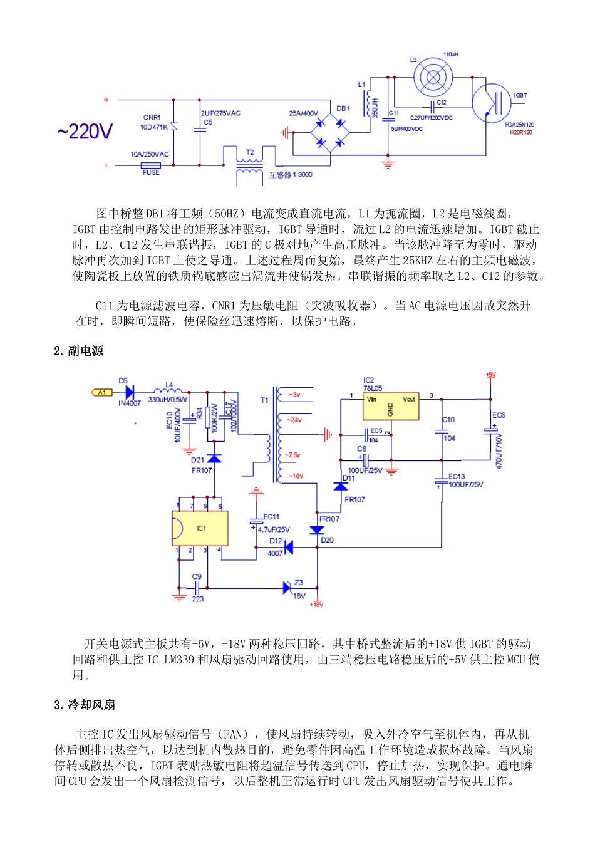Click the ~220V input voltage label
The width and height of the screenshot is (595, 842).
click(85, 132)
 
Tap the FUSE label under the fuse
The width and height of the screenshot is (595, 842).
click(151, 173)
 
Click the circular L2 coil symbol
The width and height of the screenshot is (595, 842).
click(432, 77)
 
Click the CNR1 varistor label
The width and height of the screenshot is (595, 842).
click(152, 117)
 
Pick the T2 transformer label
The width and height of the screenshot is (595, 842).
click(250, 152)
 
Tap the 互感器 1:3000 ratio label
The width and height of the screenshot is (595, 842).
click(290, 175)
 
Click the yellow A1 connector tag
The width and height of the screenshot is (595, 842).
click(102, 393)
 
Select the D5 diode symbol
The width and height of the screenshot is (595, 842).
click(130, 393)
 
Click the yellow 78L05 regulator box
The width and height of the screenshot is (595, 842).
click(391, 407)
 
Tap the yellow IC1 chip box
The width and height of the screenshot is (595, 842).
click(200, 528)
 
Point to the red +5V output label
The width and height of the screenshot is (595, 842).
click(490, 375)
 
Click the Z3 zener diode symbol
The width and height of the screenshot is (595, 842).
click(287, 588)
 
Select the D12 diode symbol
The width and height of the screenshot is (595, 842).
click(288, 548)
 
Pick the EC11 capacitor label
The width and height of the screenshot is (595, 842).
click(271, 517)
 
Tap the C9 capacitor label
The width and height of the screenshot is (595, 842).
click(197, 576)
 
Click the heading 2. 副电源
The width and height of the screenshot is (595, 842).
click(78, 351)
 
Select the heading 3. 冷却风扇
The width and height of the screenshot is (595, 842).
click(85, 705)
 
